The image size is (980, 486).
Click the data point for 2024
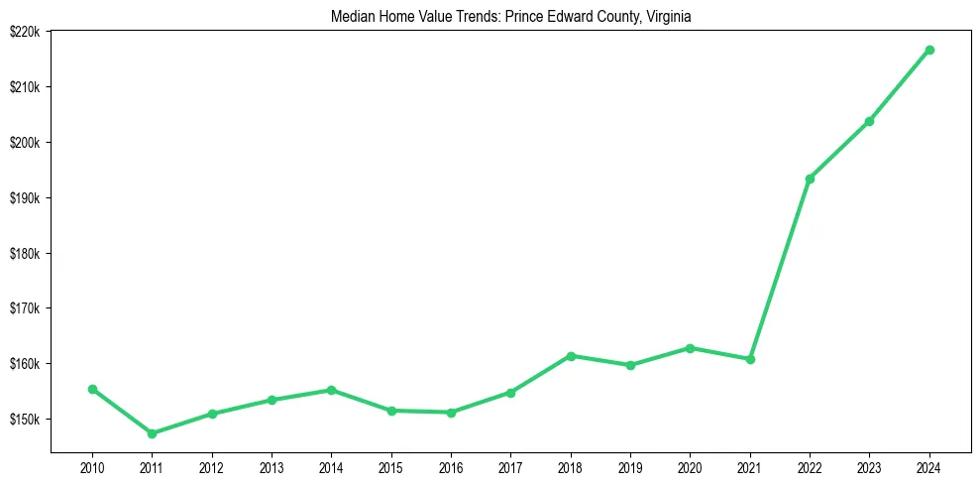click(929, 50)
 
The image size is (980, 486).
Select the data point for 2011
click(152, 433)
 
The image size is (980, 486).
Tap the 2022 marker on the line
click(810, 179)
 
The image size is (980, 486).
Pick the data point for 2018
click(571, 356)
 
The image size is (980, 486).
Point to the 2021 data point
click(750, 359)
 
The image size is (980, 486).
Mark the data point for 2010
click(92, 389)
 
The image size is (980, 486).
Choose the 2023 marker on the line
click(869, 121)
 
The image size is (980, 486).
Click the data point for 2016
click(451, 413)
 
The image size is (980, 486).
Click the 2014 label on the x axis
click(331, 467)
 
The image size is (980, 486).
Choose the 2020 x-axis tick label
click(690, 467)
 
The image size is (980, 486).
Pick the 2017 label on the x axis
click(510, 467)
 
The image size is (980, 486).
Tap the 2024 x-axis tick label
click(929, 467)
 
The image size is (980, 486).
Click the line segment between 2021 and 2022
click(780, 269)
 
